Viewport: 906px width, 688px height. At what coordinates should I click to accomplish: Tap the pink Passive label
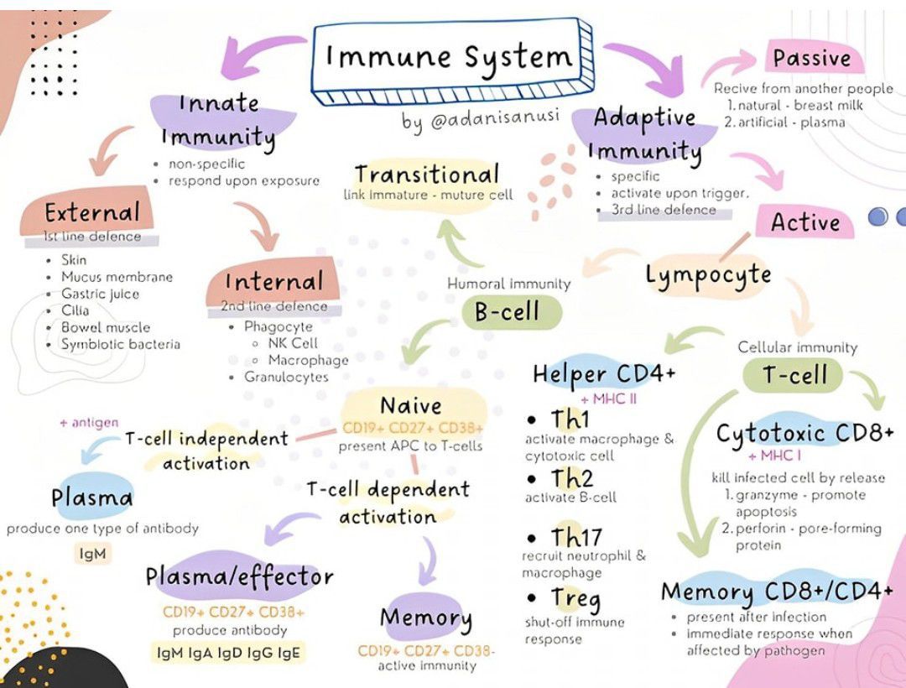pyautogui.click(x=811, y=58)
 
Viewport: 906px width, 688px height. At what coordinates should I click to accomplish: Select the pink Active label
pyautogui.click(x=804, y=222)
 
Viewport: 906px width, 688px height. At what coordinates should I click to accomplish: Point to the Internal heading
pyautogui.click(x=273, y=281)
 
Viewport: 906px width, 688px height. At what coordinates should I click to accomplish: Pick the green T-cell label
pyautogui.click(x=794, y=375)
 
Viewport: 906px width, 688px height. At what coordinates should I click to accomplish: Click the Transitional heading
pyautogui.click(x=426, y=175)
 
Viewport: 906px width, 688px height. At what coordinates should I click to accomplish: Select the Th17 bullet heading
pyautogui.click(x=576, y=536)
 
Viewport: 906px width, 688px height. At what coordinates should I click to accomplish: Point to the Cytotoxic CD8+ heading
pyautogui.click(x=804, y=433)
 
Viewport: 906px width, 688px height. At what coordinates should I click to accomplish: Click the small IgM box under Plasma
pyautogui.click(x=93, y=554)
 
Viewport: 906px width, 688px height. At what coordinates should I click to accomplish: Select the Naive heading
pyautogui.click(x=411, y=406)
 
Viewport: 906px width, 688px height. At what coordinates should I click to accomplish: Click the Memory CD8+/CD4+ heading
pyautogui.click(x=777, y=592)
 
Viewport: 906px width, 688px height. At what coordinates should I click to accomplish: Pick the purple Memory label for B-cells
pyautogui.click(x=426, y=618)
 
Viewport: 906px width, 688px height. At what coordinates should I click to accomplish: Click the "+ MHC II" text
pyautogui.click(x=608, y=399)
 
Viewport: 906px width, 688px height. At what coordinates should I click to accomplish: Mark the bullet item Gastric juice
pyautogui.click(x=100, y=294)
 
